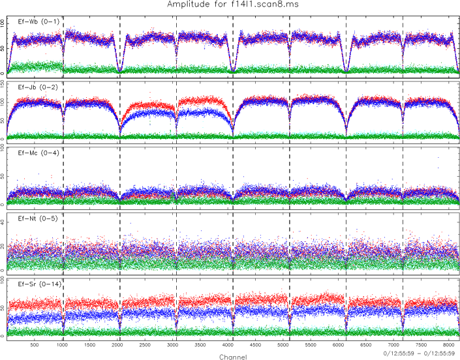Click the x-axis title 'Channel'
(x=234, y=356)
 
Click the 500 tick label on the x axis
(x=34, y=346)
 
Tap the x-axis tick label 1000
(x=62, y=346)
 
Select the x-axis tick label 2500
(x=145, y=346)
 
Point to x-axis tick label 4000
(x=228, y=346)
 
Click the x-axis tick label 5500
(x=311, y=346)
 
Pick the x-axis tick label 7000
(x=395, y=346)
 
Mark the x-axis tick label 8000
(x=450, y=346)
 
